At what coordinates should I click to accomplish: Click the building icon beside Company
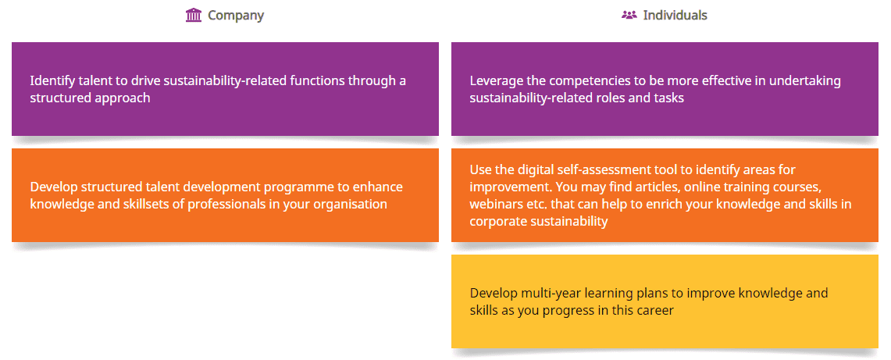194,16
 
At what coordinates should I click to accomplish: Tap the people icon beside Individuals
629,16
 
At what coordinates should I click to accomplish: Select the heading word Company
236,16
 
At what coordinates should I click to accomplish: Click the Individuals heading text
675,16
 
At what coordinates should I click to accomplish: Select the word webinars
494,204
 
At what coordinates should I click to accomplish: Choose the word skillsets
127,204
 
